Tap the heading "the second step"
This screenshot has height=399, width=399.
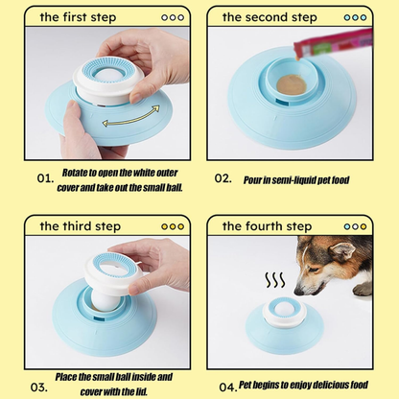point(270,17)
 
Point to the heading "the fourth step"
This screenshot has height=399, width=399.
point(268,226)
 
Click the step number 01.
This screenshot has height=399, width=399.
point(44,178)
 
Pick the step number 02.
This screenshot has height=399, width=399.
point(223,178)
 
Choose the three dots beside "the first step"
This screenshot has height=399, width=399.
point(173,17)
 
